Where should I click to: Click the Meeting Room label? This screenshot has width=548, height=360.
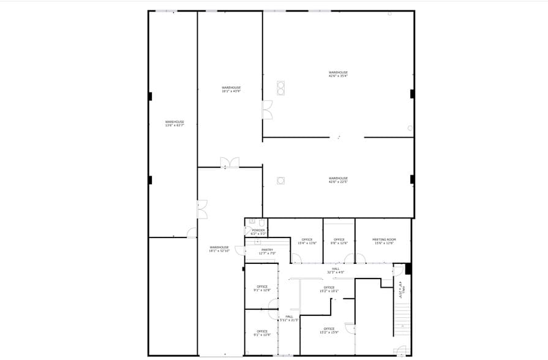(385, 241)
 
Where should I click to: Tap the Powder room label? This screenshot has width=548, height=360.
(258, 232)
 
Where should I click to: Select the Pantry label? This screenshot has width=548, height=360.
(268, 252)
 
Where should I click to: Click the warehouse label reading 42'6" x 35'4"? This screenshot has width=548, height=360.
(338, 74)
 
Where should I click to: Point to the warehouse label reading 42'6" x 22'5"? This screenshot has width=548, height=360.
(338, 180)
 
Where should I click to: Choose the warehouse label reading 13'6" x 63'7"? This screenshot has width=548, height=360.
(175, 124)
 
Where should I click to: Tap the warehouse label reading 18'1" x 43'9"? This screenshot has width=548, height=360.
(231, 89)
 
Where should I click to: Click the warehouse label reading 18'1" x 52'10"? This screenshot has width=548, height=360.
(219, 249)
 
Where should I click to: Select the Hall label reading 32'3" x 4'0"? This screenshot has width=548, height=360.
(336, 271)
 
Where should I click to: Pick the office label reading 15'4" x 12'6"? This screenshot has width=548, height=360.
(307, 241)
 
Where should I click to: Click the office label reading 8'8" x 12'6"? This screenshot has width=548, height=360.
(339, 241)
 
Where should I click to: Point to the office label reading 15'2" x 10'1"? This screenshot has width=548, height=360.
(329, 289)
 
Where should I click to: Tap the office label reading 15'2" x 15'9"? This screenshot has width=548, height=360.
(329, 331)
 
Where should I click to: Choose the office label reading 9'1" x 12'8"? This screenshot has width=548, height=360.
(262, 288)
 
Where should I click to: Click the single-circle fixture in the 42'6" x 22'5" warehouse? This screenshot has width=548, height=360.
(280, 180)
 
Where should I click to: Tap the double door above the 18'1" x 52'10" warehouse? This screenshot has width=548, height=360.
(230, 162)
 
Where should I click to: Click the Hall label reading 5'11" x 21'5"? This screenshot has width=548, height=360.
(289, 318)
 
